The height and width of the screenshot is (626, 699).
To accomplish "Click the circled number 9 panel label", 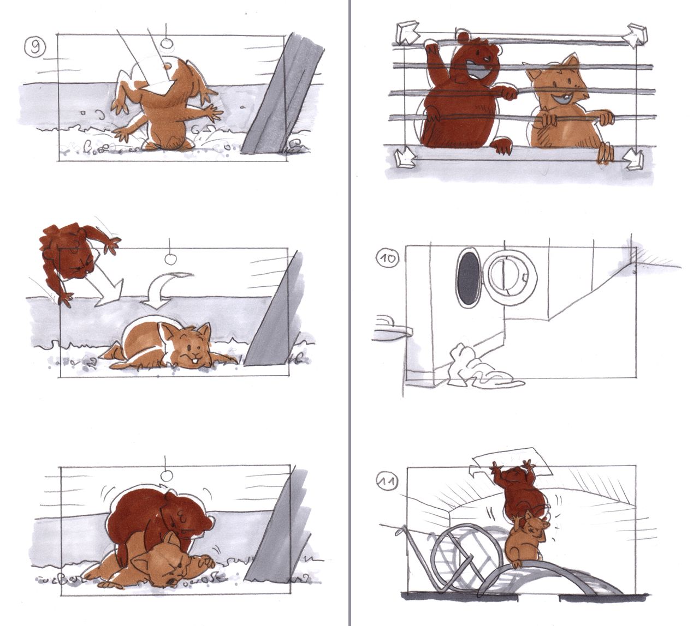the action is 35,46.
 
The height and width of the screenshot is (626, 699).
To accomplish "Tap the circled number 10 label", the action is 387,258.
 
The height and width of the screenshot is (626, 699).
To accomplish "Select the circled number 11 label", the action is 387,481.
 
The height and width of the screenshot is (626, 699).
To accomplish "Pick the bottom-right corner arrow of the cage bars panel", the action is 633,159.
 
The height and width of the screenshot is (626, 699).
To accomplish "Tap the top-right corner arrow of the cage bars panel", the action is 635,36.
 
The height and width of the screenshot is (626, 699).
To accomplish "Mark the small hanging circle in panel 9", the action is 167,44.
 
